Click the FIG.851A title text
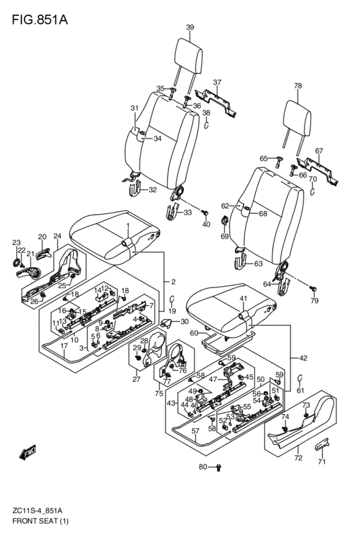coord(40,20)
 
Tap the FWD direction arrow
coord(28,452)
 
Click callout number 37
coord(217,82)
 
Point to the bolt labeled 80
coord(219,467)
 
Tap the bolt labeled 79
coord(313,288)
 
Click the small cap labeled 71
coord(322,444)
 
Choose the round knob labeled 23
coord(16,263)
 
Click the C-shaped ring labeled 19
coord(172,299)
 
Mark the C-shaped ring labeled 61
coord(300,378)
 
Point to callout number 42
coord(303,358)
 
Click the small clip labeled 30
coord(166,323)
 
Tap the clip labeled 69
coord(224,221)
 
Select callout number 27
coord(136,379)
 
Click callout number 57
coord(195,431)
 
